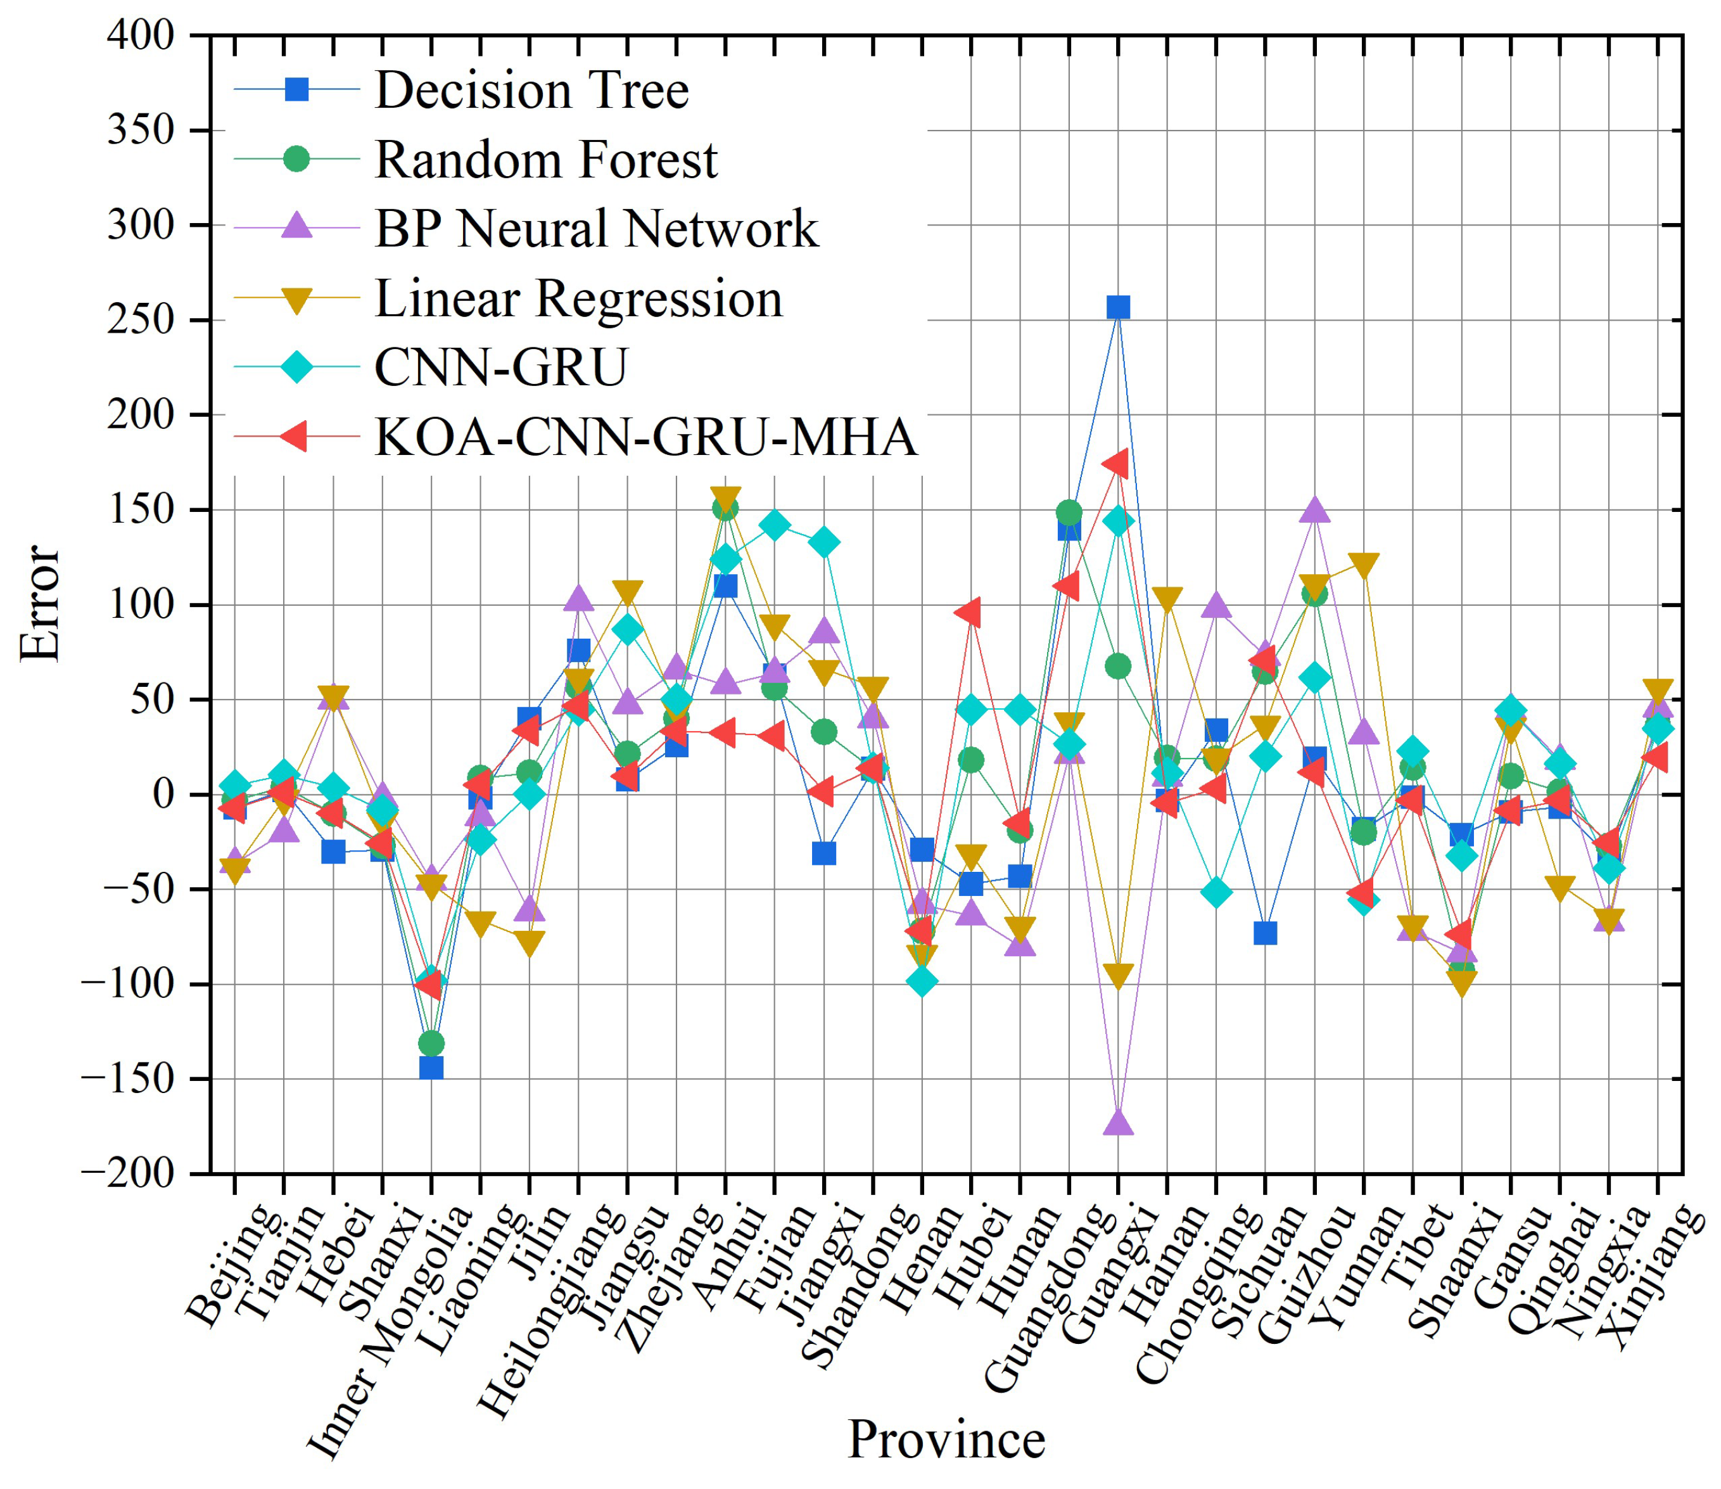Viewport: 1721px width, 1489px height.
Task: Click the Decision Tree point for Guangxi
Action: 1118,307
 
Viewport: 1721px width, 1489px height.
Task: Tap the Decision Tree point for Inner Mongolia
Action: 431,1068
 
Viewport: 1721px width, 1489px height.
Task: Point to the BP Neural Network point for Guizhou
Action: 1314,509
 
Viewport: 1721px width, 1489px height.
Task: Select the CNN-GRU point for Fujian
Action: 775,525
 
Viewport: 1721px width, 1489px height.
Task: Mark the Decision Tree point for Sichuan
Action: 1265,933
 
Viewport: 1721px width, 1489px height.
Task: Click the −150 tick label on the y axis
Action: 129,1078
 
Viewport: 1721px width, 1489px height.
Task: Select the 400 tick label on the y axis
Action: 141,35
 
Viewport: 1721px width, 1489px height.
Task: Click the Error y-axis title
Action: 40,603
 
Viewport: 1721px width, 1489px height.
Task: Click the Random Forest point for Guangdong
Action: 1069,513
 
